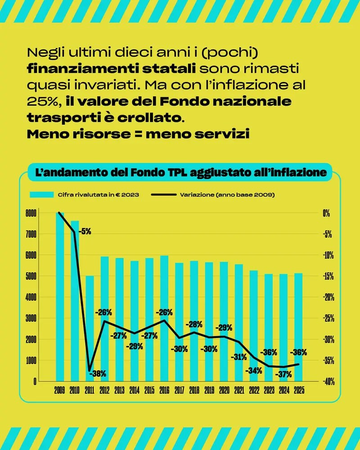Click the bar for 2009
(x=60, y=297)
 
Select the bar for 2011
(x=90, y=328)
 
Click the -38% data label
(x=97, y=373)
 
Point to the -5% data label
(x=85, y=232)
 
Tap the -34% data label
(x=253, y=371)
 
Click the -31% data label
(x=238, y=357)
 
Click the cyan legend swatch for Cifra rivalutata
(x=42, y=195)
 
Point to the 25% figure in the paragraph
(x=42, y=101)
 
